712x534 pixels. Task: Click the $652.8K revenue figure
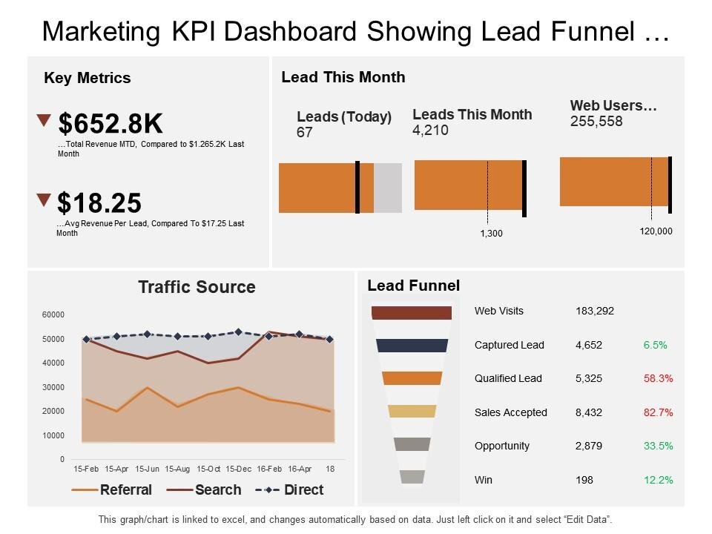coord(111,124)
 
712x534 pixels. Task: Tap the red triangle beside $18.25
coord(44,200)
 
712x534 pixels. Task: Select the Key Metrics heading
coord(88,78)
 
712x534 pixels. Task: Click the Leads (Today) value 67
coord(305,133)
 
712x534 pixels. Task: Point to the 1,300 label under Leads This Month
coord(491,234)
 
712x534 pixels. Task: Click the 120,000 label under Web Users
coord(656,231)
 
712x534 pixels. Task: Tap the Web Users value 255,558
coord(596,122)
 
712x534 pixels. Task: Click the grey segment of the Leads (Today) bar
coord(388,188)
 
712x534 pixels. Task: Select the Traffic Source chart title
coord(197,287)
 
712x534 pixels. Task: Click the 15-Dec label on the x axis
coord(238,469)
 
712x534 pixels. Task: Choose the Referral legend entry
coord(125,489)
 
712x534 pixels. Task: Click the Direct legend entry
coord(303,489)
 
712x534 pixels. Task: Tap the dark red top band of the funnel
coord(412,312)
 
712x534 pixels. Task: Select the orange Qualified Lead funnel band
coord(412,378)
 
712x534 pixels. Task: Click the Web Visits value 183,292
coord(595,311)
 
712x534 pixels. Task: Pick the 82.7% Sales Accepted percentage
coord(658,412)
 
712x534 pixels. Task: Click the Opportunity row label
coord(502,446)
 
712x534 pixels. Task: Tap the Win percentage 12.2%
coord(658,480)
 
